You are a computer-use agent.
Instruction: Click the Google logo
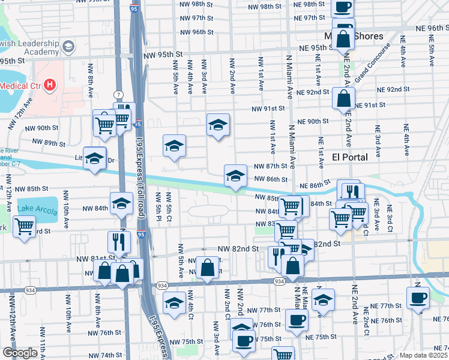(x=20, y=353)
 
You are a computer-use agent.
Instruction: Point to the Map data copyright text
(x=423, y=355)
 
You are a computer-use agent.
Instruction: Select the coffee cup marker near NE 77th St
(x=418, y=297)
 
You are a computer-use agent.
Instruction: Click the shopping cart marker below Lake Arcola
(x=24, y=227)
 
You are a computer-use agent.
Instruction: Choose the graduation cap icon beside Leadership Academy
(x=69, y=46)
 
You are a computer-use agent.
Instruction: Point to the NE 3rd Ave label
(x=378, y=137)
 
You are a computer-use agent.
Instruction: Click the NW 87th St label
(x=267, y=166)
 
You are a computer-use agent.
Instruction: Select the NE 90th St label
(x=314, y=121)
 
